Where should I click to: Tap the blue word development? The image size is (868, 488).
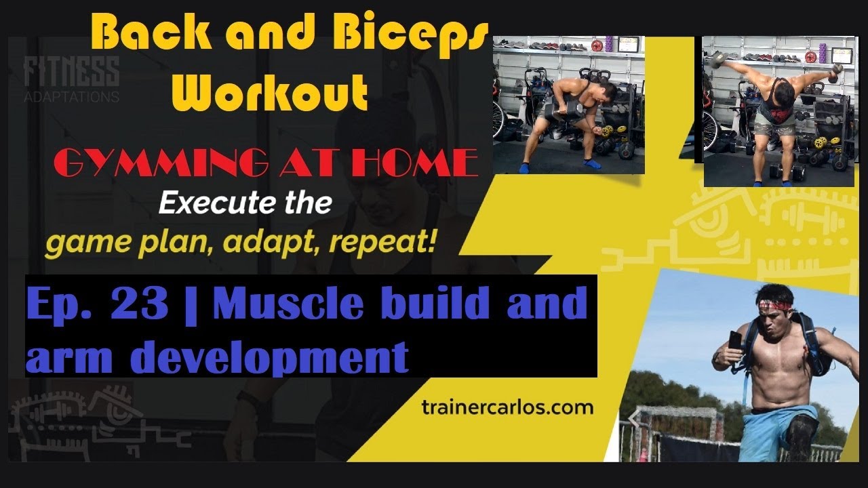point(269,356)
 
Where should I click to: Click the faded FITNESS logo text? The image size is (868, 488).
point(71,71)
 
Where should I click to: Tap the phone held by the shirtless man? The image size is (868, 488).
point(734,340)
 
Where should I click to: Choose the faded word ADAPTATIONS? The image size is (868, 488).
point(71,97)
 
